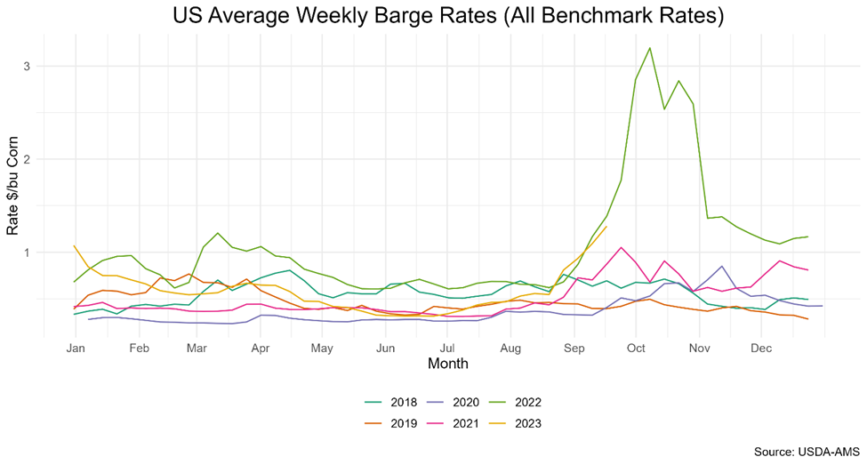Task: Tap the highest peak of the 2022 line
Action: (x=650, y=48)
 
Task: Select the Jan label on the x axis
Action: (x=76, y=349)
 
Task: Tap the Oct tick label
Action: (x=635, y=349)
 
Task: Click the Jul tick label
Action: (x=447, y=349)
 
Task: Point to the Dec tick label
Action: (x=760, y=349)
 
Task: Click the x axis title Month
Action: (x=447, y=364)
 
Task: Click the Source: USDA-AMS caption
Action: (x=805, y=452)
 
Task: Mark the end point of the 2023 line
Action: (x=606, y=226)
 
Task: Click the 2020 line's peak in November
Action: (x=721, y=266)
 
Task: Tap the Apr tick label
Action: (x=261, y=349)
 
